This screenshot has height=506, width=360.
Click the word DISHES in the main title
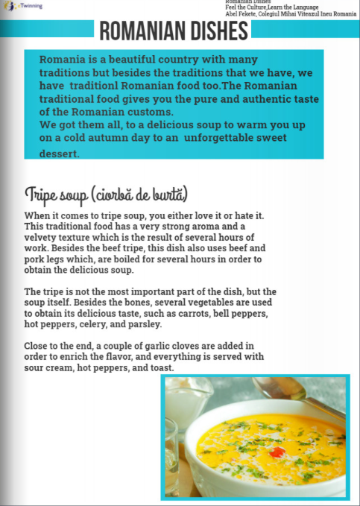[213, 31]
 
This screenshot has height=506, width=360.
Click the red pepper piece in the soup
[277, 452]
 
